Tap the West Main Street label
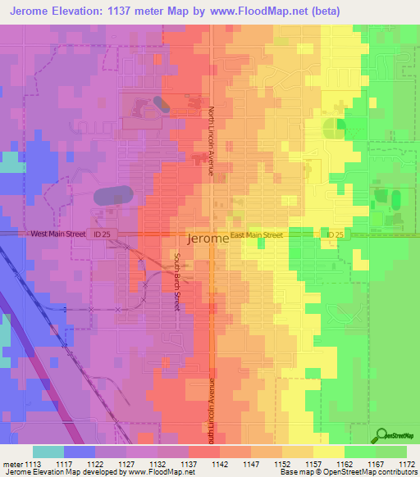[58, 234]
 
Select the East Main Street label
[257, 235]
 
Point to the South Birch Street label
[176, 280]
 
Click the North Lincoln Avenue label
[211, 140]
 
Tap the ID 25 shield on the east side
[331, 235]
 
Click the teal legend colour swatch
[48, 452]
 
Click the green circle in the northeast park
[332, 128]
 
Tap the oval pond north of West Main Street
[112, 197]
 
